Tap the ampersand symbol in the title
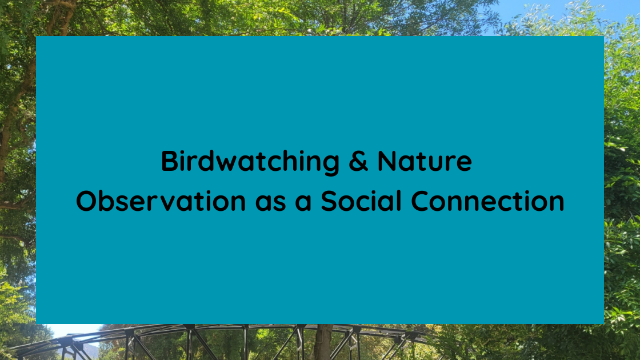(x=358, y=161)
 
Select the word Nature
(x=425, y=161)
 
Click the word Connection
(x=488, y=201)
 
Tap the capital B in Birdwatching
(x=169, y=161)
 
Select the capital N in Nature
(x=387, y=161)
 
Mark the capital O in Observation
(x=87, y=201)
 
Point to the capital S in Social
(x=329, y=201)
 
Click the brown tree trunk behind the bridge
(x=323, y=343)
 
